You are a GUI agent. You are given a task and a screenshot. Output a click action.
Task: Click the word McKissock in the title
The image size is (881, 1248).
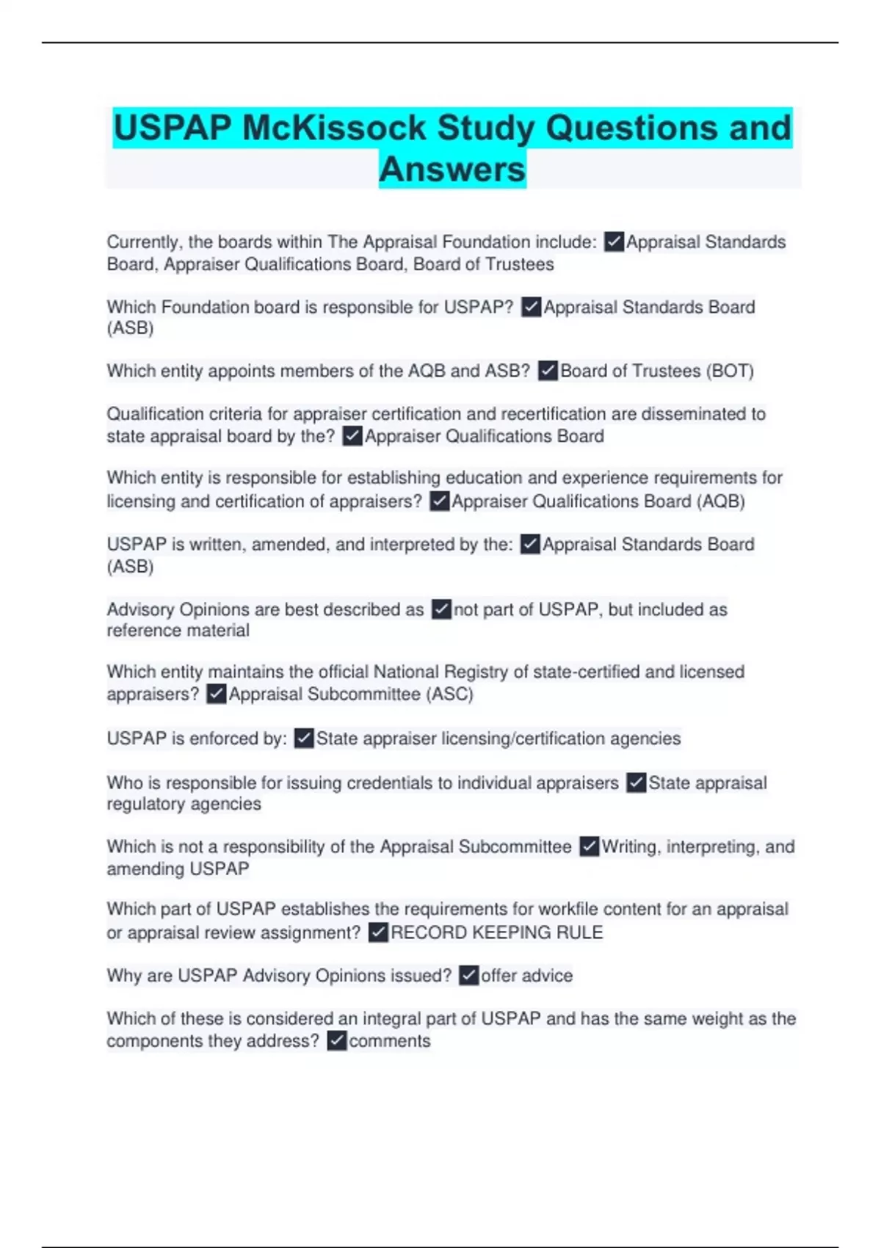(x=334, y=128)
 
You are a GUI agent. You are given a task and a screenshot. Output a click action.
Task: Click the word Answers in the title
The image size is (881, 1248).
(x=452, y=170)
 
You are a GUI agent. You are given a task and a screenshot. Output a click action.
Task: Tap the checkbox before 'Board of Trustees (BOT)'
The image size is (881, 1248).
(x=548, y=371)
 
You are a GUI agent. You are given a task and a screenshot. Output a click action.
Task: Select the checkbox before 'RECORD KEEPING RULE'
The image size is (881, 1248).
(x=378, y=932)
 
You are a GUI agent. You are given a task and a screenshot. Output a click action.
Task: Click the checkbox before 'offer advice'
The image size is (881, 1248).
(x=468, y=976)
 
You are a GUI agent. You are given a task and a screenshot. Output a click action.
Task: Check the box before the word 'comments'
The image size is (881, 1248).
(x=336, y=1041)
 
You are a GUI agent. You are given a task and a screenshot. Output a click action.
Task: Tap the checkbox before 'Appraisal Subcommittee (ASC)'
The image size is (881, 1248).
(x=216, y=694)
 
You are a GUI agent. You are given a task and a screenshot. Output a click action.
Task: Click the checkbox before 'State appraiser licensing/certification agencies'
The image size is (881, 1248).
(x=303, y=739)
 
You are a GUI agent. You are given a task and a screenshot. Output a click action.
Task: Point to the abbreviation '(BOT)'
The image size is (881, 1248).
(x=730, y=371)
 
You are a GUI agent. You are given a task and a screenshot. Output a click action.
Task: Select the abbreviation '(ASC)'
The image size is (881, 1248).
(x=449, y=694)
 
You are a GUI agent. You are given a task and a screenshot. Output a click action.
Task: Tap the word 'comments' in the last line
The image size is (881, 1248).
(x=390, y=1041)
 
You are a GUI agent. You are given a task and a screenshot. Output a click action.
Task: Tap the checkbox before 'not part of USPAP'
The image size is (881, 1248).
(x=441, y=609)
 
